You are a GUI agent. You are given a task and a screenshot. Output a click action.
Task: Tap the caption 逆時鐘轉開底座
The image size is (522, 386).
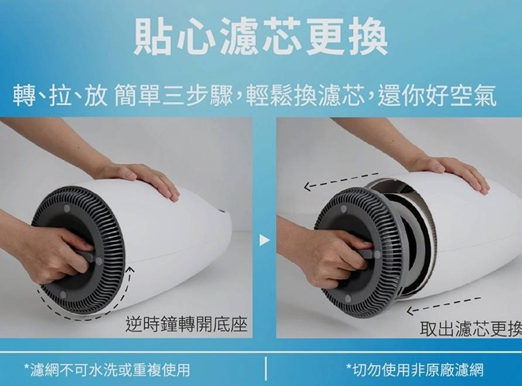click(187, 324)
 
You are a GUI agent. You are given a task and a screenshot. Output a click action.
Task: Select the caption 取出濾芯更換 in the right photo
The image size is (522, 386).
click(470, 328)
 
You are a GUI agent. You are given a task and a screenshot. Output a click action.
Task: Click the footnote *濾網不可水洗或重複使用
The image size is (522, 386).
click(107, 370)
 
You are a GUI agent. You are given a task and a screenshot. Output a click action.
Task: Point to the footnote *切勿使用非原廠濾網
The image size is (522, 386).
click(415, 370)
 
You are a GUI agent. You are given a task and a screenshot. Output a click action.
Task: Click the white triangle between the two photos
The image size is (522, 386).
click(264, 240)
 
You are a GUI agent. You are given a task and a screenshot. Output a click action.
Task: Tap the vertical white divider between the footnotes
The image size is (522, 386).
click(266, 369)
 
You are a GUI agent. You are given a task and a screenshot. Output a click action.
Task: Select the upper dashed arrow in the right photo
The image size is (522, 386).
click(341, 180)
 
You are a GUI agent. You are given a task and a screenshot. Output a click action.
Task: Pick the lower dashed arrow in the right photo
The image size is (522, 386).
click(443, 305)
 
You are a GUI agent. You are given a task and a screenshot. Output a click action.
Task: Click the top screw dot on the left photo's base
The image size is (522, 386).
click(67, 209)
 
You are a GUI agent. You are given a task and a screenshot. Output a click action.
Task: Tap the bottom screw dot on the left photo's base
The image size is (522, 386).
click(63, 294)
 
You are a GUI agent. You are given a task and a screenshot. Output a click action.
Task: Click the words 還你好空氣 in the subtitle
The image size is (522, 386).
click(437, 96)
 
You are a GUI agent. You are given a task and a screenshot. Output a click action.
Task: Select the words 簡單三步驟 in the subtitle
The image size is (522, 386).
click(173, 96)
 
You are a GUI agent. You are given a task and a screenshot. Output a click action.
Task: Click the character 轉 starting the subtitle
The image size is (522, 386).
click(24, 96)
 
